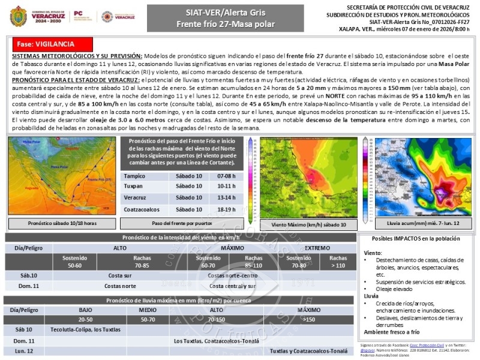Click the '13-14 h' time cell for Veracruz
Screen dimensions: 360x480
pos(226,197)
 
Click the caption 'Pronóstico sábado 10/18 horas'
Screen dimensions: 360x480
pos(62,223)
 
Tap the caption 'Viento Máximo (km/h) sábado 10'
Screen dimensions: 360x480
pos(308,224)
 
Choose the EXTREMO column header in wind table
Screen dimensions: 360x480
pos(316,247)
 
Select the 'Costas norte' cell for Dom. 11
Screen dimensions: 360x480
pos(120,286)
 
